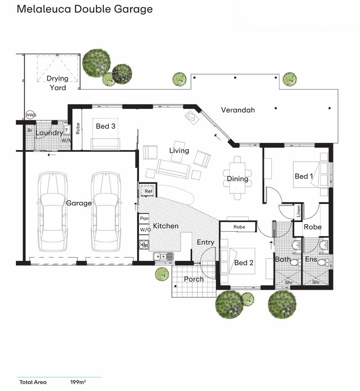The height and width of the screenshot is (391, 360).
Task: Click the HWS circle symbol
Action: pos(31,115)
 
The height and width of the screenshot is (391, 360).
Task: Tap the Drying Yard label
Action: pos(58,83)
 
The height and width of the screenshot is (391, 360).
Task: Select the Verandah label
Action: pos(238,110)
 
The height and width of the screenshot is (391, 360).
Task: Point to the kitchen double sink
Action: pos(163,256)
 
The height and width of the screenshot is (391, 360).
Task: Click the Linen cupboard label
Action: pos(299,211)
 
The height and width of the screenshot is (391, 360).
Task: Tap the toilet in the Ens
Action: pos(324,263)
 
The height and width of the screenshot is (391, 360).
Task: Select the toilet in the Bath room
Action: pos(296,263)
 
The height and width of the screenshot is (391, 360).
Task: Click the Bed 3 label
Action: pos(106,126)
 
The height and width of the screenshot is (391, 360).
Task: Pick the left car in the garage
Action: pos(53,212)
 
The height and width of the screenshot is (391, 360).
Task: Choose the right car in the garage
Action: pos(106,212)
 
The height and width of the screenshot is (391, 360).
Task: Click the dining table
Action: pos(237,178)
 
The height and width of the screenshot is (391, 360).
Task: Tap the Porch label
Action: pos(194,279)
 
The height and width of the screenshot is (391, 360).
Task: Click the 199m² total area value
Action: pos(78,382)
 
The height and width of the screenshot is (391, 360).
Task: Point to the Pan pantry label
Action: pos(144,218)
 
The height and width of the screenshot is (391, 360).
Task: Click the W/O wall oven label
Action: pos(145,230)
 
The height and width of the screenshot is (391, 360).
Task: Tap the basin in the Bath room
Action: pos(297,245)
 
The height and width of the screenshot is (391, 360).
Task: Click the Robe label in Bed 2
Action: pos(239,227)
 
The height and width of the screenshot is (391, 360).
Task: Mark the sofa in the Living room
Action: pos(173,169)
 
